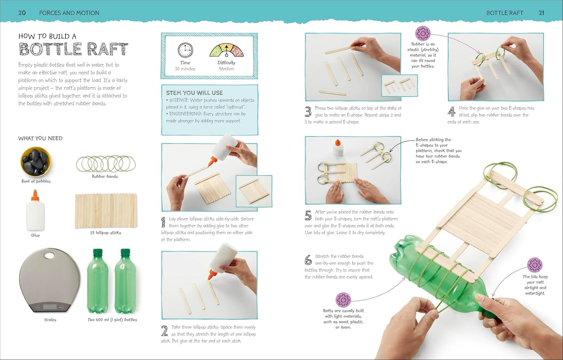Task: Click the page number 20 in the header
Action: pos(22,13)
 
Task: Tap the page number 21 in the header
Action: pos(542,13)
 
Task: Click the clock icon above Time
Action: pos(185,50)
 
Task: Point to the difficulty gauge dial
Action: pos(226,50)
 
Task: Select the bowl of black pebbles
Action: pos(36,161)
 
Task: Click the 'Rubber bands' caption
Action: pos(104,176)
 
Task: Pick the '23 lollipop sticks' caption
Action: pos(106,233)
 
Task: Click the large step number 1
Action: pos(163,222)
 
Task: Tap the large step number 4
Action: pos(452,111)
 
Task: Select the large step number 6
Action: pos(308,260)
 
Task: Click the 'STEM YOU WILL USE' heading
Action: pos(194,93)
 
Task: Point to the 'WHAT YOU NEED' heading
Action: pos(40,138)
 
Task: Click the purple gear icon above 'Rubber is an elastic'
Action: pos(423,33)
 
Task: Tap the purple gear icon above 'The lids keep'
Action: pos(535,265)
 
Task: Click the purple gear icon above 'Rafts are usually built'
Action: pos(343,300)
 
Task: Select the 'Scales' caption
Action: pos(50,320)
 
